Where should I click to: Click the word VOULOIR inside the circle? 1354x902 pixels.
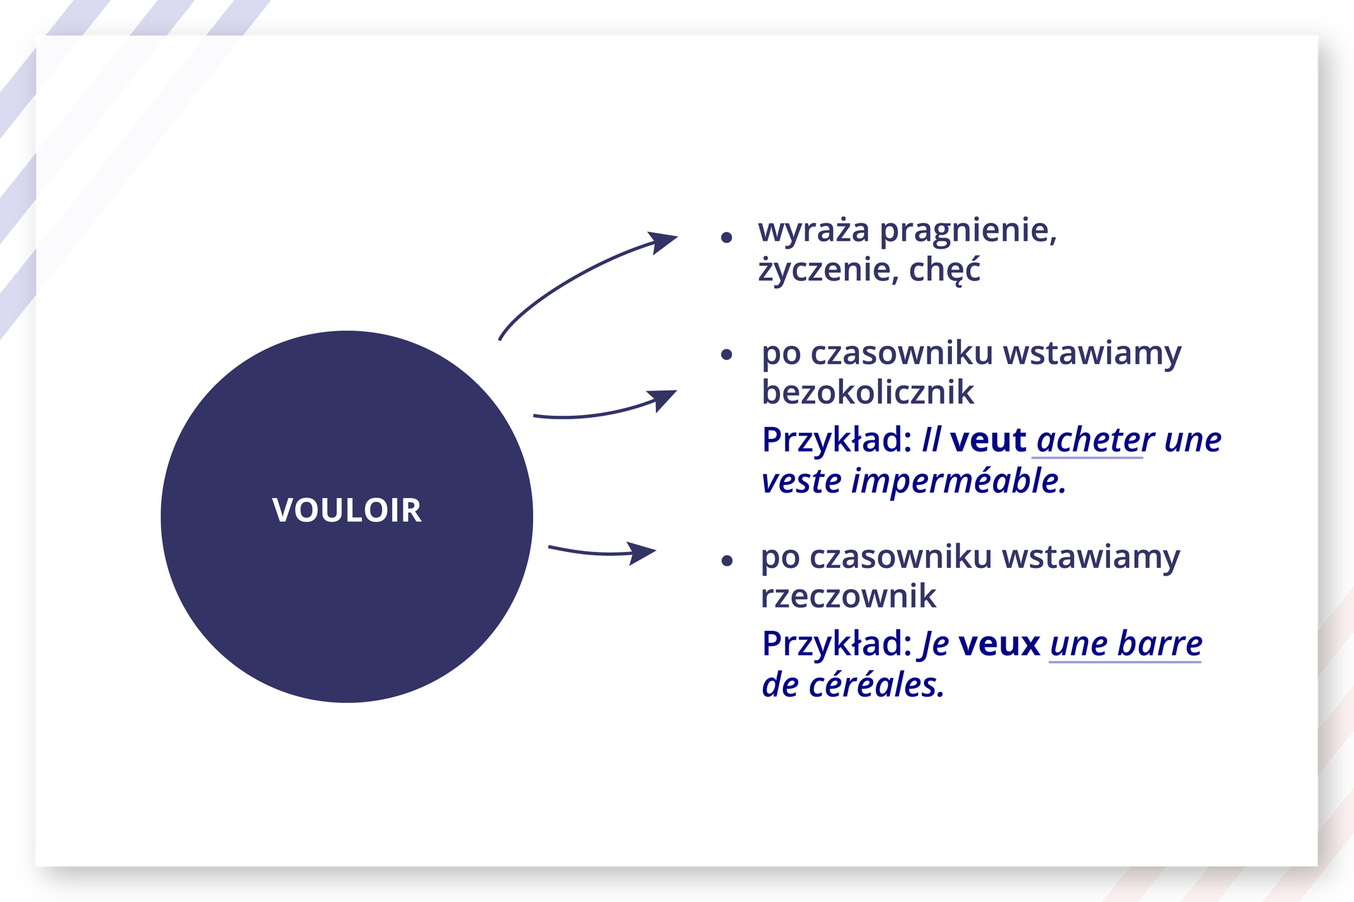click(347, 509)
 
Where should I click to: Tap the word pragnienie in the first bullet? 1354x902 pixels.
click(968, 232)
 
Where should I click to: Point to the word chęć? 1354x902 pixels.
click(945, 269)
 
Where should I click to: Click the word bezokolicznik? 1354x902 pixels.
click(867, 392)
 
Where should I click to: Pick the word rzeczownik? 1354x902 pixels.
click(848, 597)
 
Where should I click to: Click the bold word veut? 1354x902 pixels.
click(988, 440)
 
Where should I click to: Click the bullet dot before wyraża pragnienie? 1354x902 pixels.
click(727, 238)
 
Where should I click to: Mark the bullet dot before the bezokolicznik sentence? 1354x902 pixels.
click(727, 355)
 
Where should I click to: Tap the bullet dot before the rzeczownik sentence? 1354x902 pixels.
click(728, 561)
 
